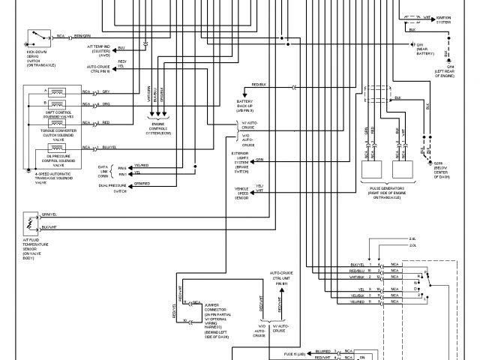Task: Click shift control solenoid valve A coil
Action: point(55,91)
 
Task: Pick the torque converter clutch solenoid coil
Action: point(55,122)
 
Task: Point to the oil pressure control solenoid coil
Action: point(55,148)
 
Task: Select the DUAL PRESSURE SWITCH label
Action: point(110,187)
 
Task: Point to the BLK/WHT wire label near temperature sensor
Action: point(49,226)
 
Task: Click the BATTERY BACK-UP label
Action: point(247,103)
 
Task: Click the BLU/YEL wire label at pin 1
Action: point(358,265)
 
